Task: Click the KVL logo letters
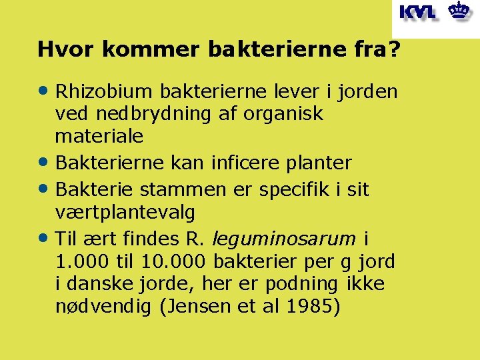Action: click(x=418, y=13)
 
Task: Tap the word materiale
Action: click(x=99, y=137)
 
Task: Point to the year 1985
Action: click(x=316, y=307)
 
